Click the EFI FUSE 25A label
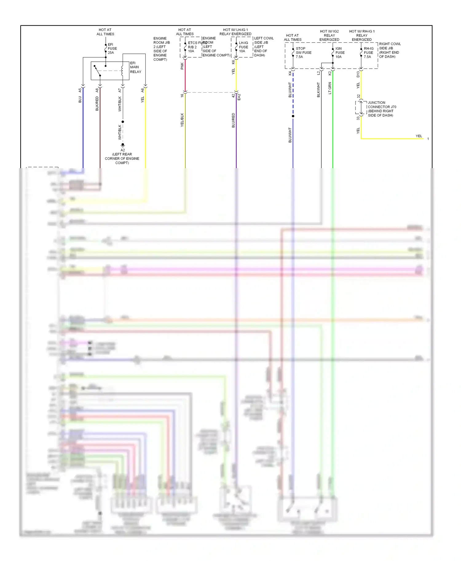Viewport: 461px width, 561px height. (112, 48)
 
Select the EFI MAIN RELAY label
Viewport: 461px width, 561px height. (135, 67)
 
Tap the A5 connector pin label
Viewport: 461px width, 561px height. (80, 90)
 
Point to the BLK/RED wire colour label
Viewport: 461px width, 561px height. (97, 103)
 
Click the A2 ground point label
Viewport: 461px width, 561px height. (123, 150)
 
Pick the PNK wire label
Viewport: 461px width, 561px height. (182, 66)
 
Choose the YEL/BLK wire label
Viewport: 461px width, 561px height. (182, 120)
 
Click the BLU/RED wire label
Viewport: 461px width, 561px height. (233, 120)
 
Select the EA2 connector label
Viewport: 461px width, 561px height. (239, 97)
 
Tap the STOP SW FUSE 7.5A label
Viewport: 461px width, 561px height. (303, 52)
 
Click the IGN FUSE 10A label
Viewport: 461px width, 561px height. (340, 52)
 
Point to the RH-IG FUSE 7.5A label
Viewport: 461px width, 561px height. (368, 52)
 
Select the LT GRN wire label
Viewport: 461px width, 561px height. (330, 88)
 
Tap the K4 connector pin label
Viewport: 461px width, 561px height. (290, 73)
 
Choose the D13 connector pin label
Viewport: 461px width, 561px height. (358, 74)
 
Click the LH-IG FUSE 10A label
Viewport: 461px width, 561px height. (243, 47)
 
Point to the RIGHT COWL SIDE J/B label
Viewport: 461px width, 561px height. (390, 50)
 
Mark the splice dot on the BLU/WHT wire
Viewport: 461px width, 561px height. (293, 116)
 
